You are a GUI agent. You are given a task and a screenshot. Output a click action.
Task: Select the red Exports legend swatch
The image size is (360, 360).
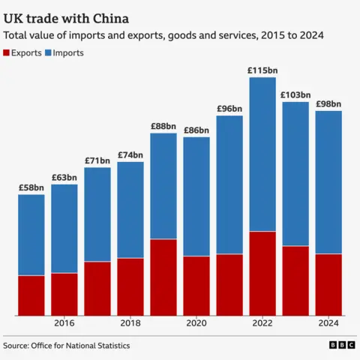click(8, 53)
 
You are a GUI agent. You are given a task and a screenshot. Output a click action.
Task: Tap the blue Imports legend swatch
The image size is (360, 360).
click(48, 53)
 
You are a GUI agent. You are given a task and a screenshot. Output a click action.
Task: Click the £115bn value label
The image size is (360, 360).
click(262, 70)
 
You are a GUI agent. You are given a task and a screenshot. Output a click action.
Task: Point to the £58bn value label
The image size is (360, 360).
click(31, 187)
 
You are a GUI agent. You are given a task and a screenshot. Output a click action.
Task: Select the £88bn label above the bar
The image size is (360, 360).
click(163, 126)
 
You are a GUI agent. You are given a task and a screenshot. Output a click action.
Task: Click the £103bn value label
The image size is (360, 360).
click(295, 95)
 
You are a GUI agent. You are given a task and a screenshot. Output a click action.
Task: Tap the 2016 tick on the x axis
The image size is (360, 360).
click(64, 323)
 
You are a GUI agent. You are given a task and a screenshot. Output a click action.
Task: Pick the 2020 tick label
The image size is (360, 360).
click(196, 323)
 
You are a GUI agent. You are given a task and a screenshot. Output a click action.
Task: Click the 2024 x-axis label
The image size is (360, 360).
click(328, 323)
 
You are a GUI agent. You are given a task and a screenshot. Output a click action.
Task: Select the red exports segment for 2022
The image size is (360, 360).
click(262, 273)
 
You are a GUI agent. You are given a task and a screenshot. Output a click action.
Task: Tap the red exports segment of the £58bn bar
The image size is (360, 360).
click(31, 295)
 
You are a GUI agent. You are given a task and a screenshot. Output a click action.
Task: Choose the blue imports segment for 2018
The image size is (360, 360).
click(130, 210)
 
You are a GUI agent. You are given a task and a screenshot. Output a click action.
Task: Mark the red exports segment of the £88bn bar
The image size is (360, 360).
click(163, 277)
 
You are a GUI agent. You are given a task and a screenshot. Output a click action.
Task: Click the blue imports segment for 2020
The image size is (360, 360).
click(196, 196)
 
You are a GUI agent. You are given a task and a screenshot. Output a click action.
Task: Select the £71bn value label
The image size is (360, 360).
click(97, 160)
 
